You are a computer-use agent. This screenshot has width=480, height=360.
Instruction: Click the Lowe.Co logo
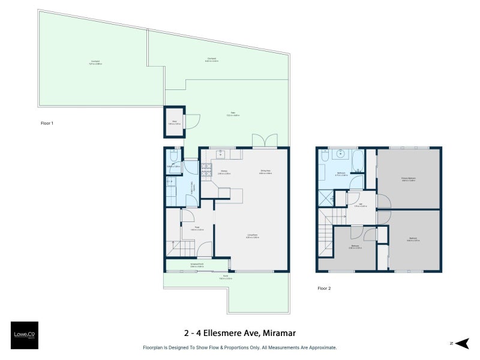(24, 335)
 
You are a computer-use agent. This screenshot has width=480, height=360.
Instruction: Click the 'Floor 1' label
(47, 124)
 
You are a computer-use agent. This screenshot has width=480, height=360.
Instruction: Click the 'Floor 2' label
(324, 288)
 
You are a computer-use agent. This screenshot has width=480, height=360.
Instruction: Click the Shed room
(175, 123)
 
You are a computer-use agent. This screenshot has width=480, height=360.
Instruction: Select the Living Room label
(251, 236)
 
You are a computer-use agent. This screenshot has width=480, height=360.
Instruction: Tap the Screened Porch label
(197, 265)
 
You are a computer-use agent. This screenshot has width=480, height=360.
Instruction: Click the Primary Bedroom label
(409, 179)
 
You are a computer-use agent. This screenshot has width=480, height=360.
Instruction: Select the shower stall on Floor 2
(325, 197)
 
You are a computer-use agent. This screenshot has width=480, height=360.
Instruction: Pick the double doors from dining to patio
(265, 141)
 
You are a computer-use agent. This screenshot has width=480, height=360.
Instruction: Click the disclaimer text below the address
(239, 347)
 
